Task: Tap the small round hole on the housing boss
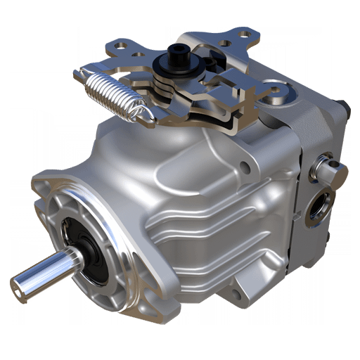(244, 167)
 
